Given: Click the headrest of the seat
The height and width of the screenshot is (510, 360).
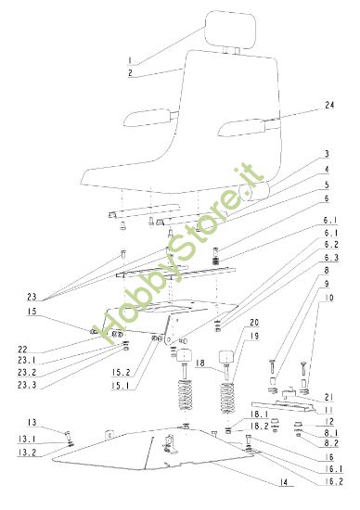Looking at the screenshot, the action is click(x=230, y=30).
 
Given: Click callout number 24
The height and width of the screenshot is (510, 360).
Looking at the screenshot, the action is click(x=329, y=105).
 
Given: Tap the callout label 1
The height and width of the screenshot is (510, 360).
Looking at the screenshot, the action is click(x=130, y=60).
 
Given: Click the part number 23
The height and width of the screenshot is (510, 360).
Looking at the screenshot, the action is click(x=32, y=297).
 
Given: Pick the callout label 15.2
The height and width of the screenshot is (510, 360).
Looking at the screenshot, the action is click(x=121, y=372).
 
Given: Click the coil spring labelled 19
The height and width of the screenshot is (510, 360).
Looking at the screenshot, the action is click(x=227, y=402).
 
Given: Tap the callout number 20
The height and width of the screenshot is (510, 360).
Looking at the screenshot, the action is click(x=254, y=322).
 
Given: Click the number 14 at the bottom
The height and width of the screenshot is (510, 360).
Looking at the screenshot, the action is click(x=284, y=482).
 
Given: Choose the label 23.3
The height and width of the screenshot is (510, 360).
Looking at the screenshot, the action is click(x=27, y=385).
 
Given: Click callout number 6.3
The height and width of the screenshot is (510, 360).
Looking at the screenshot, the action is click(x=330, y=258).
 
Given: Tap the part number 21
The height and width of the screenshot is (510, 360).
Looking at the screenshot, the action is click(x=328, y=397).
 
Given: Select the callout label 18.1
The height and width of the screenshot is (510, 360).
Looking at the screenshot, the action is click(x=259, y=414).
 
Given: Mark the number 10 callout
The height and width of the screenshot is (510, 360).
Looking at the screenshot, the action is click(x=328, y=298).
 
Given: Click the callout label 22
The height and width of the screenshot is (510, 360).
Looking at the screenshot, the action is click(x=23, y=350).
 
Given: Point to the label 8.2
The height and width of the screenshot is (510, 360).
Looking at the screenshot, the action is click(x=330, y=443).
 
